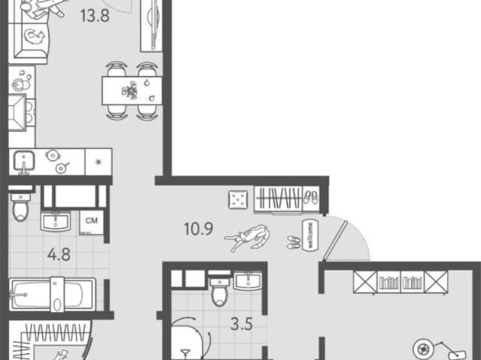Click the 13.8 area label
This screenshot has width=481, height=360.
point(95,16)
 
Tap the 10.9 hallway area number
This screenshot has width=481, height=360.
point(198,228)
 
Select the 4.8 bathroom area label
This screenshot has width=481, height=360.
point(59,255)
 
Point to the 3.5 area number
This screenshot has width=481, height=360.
point(241,324)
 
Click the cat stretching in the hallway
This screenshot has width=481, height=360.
point(249,237)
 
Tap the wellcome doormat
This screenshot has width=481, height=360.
point(310,235)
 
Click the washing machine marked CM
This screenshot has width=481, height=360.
point(92,222)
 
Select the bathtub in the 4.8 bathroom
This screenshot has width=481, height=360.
point(52,295)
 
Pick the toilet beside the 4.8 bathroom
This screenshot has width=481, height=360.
point(20,206)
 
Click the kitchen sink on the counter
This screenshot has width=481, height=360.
point(23,162)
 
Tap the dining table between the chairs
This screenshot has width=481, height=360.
point(132,91)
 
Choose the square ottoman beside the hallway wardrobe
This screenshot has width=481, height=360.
point(238,200)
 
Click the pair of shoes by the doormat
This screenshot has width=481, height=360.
point(294,242)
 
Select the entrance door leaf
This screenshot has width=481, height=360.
point(334,241)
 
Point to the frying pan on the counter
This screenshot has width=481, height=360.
point(62,168)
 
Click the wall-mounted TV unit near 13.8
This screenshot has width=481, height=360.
point(152,25)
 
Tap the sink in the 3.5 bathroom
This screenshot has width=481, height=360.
point(248,281)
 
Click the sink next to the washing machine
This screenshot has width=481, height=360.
point(56,222)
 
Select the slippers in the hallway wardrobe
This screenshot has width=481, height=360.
point(311,197)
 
